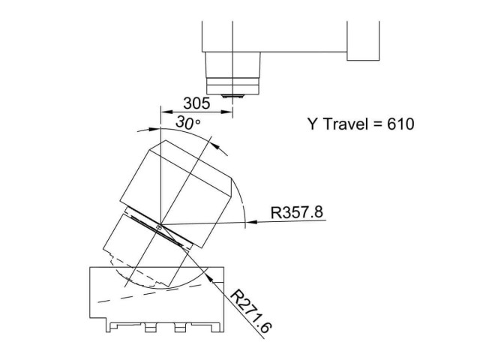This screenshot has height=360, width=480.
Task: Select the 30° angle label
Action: click(x=187, y=122)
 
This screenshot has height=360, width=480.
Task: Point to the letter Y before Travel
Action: click(x=312, y=124)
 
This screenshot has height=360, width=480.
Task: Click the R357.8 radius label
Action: click(x=297, y=212)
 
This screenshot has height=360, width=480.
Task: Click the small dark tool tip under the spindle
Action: click(x=233, y=96)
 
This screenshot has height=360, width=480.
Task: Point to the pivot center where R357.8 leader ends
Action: click(x=159, y=226)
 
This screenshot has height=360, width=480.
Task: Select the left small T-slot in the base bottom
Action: click(x=148, y=328)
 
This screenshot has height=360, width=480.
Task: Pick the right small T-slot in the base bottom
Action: click(x=179, y=328)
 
